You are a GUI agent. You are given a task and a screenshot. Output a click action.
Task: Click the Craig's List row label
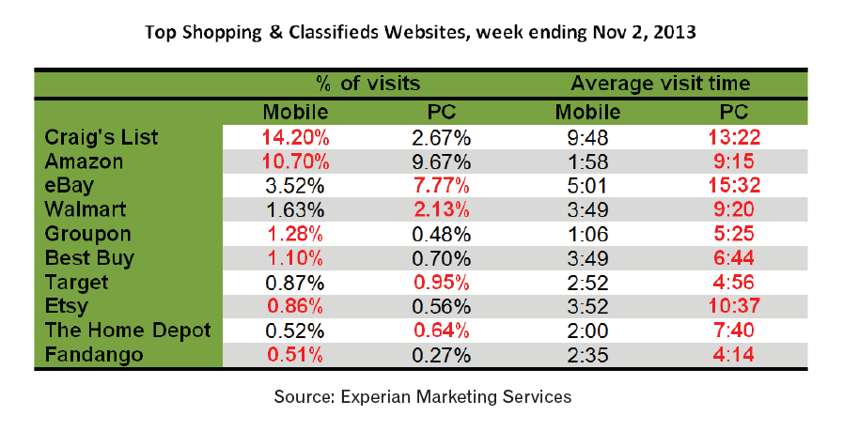click(x=101, y=137)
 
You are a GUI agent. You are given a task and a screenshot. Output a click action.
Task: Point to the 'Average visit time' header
click(x=660, y=85)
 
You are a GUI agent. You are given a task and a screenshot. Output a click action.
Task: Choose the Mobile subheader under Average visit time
click(x=587, y=113)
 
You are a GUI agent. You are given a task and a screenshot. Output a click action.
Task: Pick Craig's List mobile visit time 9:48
click(x=587, y=137)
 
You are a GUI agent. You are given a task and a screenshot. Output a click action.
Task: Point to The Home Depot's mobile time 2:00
click(x=587, y=331)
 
